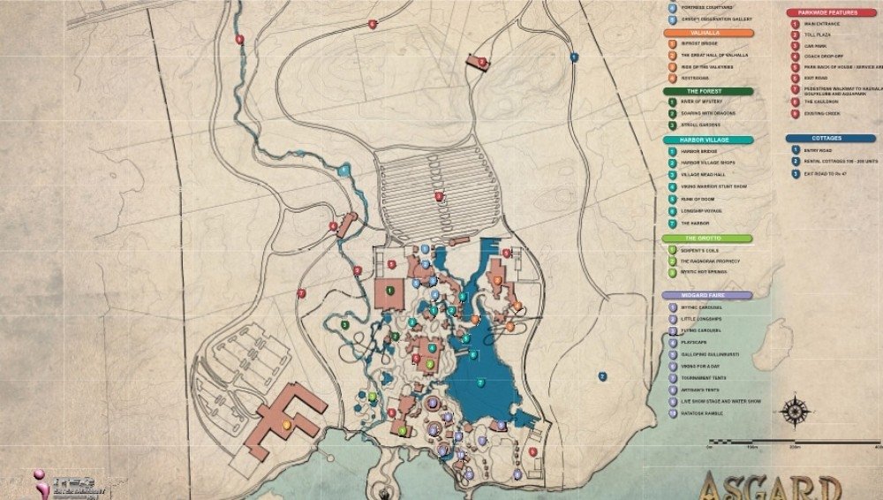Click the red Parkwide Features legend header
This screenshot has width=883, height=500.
830,12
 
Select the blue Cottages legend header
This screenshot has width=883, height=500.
830,138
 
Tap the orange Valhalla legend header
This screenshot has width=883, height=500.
708,33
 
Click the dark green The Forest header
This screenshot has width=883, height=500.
708,90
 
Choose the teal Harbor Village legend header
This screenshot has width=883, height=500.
708,140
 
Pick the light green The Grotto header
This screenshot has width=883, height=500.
708,239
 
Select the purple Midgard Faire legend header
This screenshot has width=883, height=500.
708,295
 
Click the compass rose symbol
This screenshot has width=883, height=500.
797,412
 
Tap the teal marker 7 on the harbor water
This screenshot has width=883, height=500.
480,382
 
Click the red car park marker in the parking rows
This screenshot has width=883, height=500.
437,196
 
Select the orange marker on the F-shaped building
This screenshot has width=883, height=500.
286,424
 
